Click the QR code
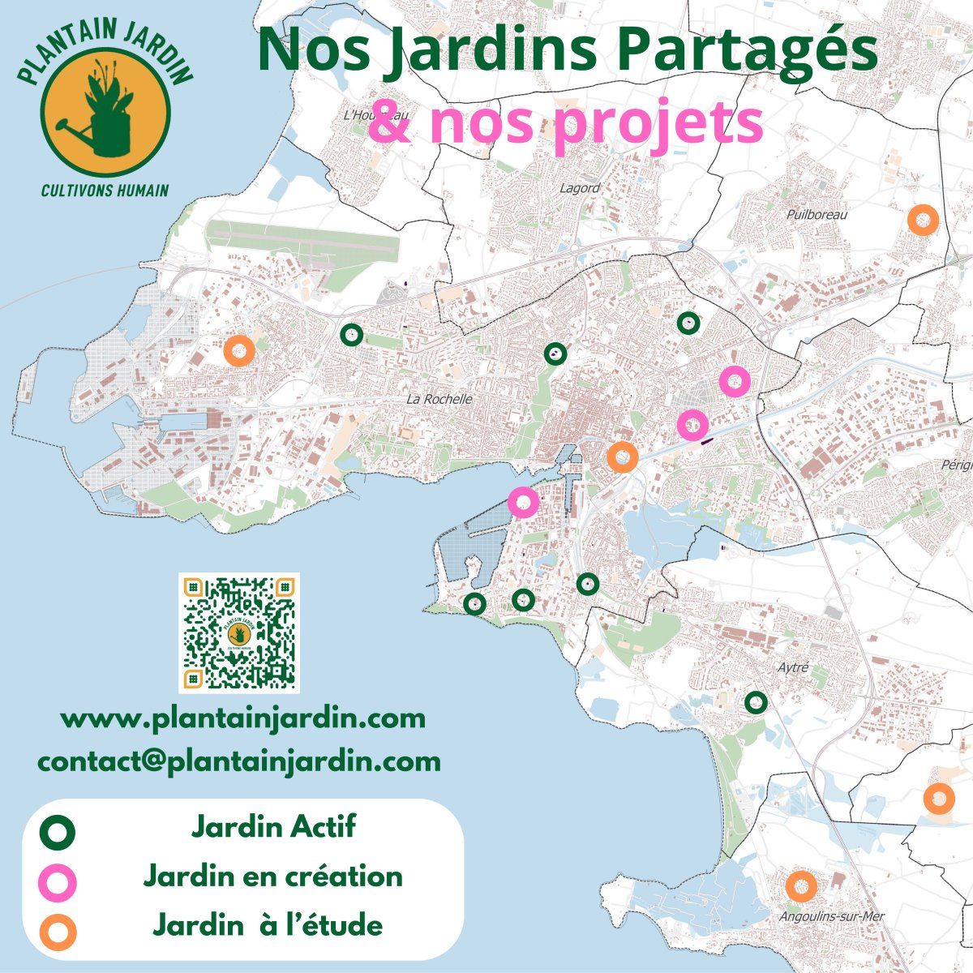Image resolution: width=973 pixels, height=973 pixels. tap(239, 632)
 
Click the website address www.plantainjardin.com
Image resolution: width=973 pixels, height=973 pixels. tap(243, 718)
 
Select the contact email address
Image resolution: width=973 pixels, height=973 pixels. tap(239, 761)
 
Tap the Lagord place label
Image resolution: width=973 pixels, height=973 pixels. tap(580, 188)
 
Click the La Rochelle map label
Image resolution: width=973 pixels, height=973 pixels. tap(439, 399)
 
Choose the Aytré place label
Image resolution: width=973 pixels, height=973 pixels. tap(793, 668)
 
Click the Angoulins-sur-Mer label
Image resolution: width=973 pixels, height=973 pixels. tap(821, 917)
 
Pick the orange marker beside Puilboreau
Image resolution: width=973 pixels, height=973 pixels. tap(923, 220)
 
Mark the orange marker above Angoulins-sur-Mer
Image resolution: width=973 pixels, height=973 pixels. tap(801, 886)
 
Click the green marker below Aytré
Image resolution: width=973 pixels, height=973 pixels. tap(756, 702)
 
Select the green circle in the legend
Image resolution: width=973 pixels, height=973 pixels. tap(59, 832)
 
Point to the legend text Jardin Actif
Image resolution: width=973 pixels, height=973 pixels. tap(273, 828)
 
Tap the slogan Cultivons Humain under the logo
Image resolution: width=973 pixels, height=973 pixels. tap(105, 191)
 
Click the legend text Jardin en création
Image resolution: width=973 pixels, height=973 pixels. tap(273, 877)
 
